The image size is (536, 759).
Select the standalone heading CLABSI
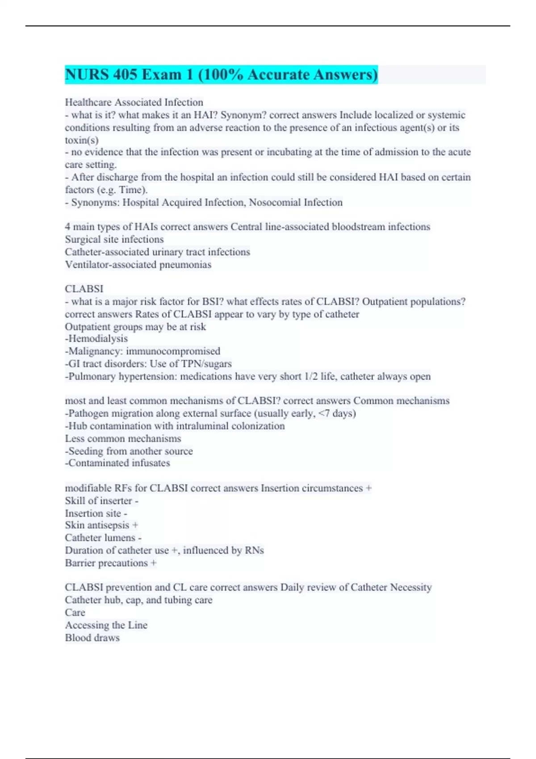(x=84, y=289)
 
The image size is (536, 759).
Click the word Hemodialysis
(x=98, y=339)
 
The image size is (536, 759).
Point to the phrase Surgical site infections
(x=114, y=239)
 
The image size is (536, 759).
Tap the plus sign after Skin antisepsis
(x=135, y=525)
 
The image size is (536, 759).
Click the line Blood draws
(x=92, y=638)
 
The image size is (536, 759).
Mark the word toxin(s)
(x=82, y=140)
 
